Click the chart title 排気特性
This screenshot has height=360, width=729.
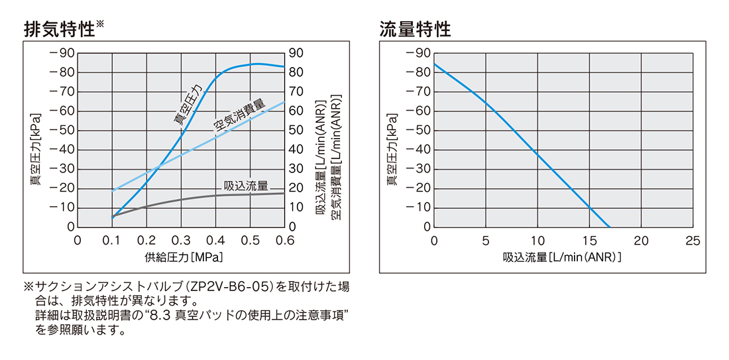[58, 29]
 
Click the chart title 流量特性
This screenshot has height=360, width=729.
[415, 29]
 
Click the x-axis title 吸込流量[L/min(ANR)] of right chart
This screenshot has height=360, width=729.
[562, 256]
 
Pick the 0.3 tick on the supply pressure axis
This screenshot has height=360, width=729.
[181, 240]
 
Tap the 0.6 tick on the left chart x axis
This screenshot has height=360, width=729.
[284, 240]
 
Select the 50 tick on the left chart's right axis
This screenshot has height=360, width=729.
[296, 130]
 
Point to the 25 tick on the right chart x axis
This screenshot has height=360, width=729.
[693, 240]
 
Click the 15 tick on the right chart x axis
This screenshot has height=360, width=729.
[589, 240]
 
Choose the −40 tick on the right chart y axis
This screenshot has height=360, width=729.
[417, 149]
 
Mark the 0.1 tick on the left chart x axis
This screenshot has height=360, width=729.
[112, 240]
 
